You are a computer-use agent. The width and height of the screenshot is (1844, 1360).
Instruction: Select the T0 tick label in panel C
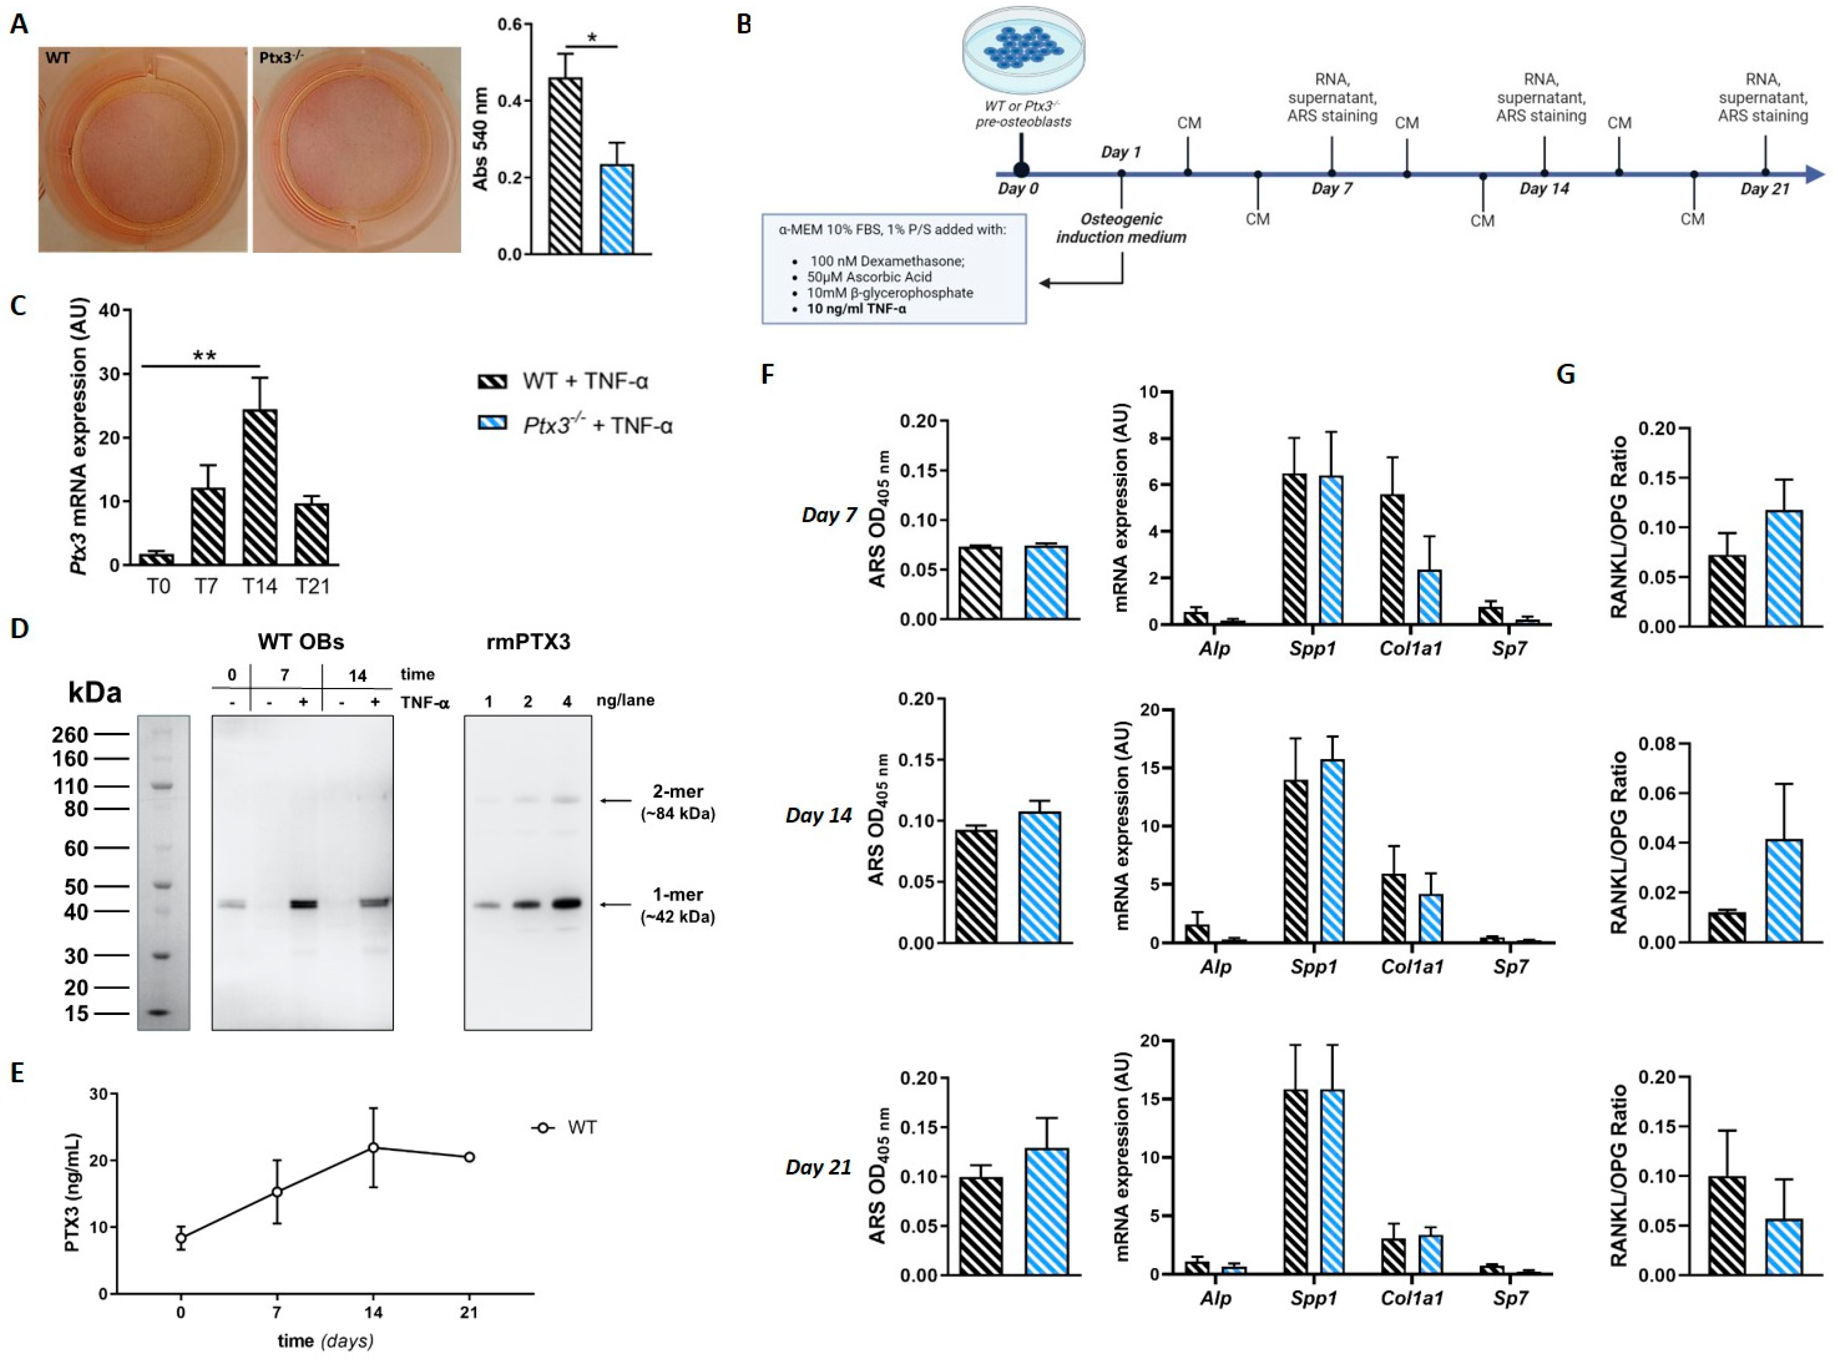point(160,586)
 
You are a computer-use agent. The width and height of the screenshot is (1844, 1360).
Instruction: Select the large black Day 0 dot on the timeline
point(1021,170)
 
